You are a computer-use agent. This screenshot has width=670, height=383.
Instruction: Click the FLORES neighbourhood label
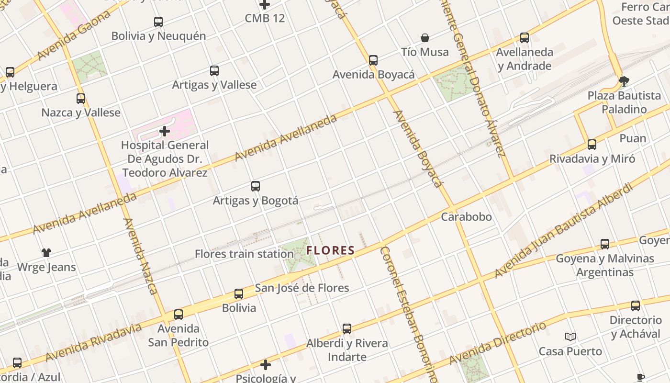click(x=331, y=250)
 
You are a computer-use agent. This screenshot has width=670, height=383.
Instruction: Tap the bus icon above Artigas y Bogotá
click(x=256, y=186)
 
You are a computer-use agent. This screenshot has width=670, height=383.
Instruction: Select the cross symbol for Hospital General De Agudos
click(x=165, y=131)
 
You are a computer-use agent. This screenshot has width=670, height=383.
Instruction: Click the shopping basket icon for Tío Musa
click(x=424, y=38)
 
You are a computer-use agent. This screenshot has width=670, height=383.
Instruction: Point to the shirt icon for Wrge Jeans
click(x=46, y=253)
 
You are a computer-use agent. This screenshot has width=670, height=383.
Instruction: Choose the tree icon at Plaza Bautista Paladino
click(x=624, y=81)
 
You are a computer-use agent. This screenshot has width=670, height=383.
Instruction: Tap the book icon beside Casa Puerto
click(x=570, y=337)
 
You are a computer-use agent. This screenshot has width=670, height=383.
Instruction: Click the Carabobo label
click(x=466, y=217)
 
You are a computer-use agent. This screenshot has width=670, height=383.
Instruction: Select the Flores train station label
click(x=244, y=254)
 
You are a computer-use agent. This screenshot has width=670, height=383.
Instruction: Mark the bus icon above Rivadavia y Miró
click(x=592, y=145)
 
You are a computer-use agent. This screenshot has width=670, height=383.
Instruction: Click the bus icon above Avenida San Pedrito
click(x=179, y=315)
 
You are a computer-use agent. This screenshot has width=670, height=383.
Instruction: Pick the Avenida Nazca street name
click(x=140, y=256)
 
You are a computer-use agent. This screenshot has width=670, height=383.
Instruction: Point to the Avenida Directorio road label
click(x=498, y=343)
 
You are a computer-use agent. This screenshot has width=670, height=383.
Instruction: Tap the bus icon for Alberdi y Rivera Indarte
click(x=347, y=329)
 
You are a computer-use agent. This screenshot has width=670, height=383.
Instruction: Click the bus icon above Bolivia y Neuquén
click(x=158, y=22)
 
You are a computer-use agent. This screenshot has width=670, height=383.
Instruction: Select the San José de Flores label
click(x=302, y=288)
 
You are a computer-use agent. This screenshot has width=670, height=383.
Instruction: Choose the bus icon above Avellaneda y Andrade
click(x=525, y=38)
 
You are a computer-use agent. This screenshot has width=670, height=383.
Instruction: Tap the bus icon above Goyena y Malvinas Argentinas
click(x=605, y=244)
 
